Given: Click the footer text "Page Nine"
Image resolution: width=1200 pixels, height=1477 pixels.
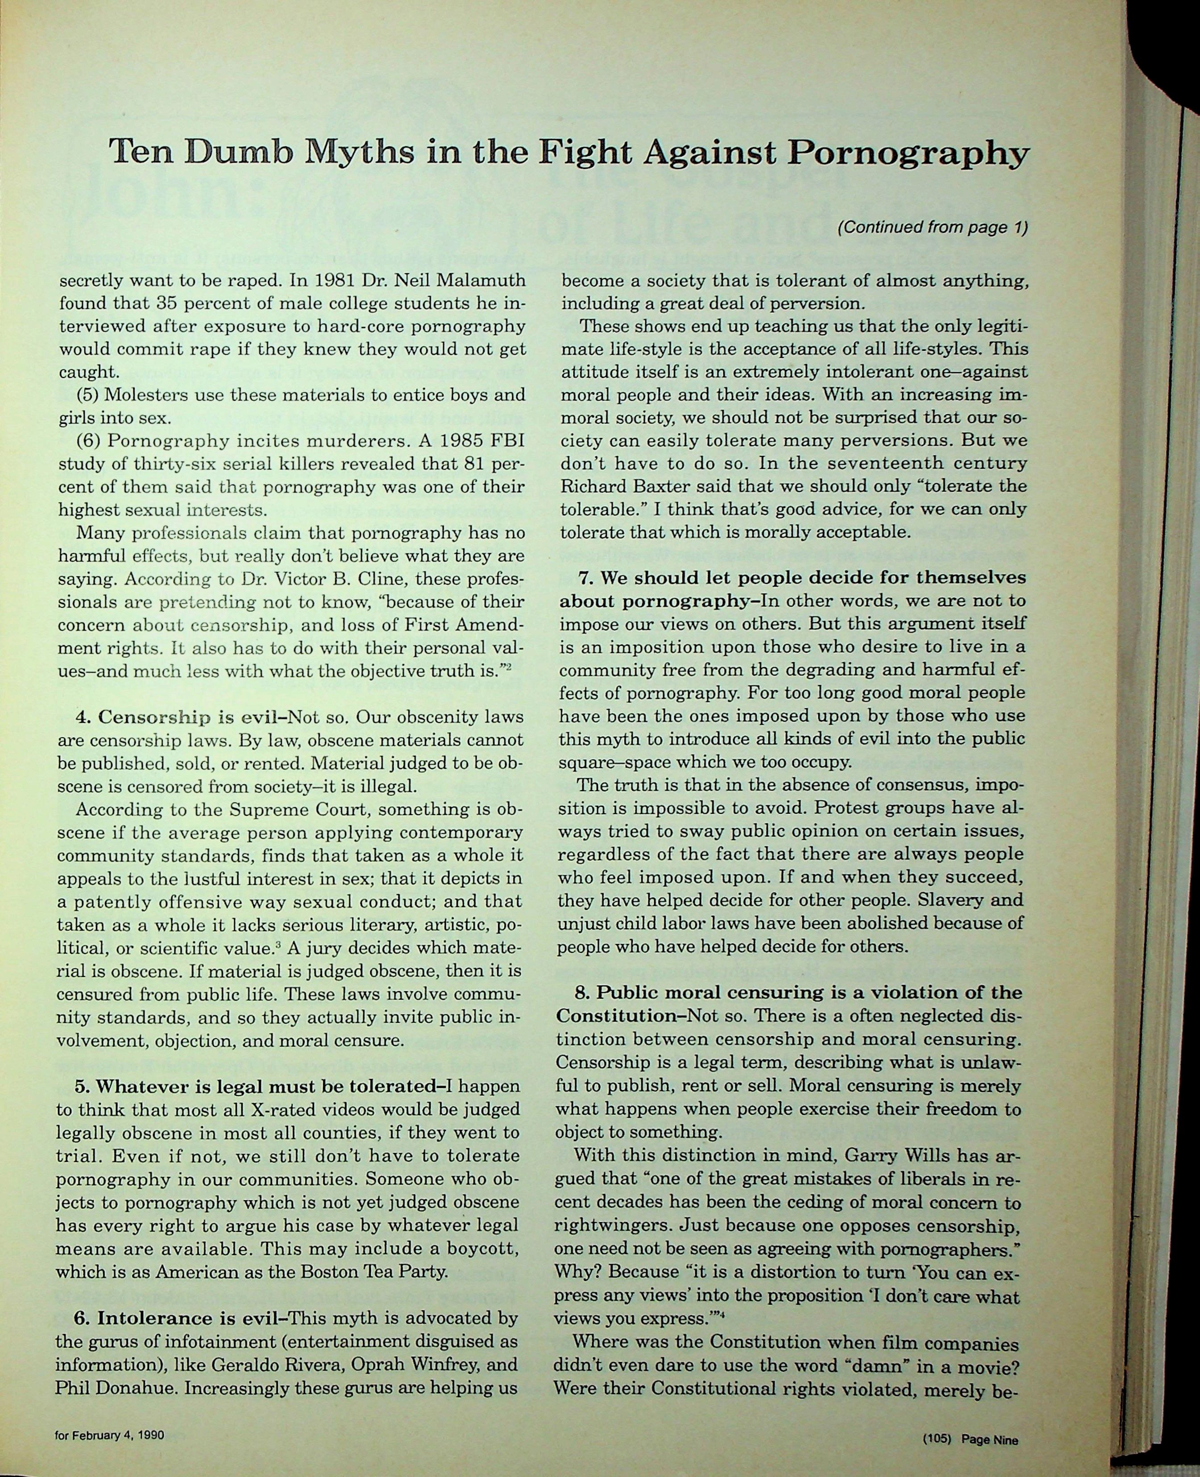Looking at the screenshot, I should [990, 1435].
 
